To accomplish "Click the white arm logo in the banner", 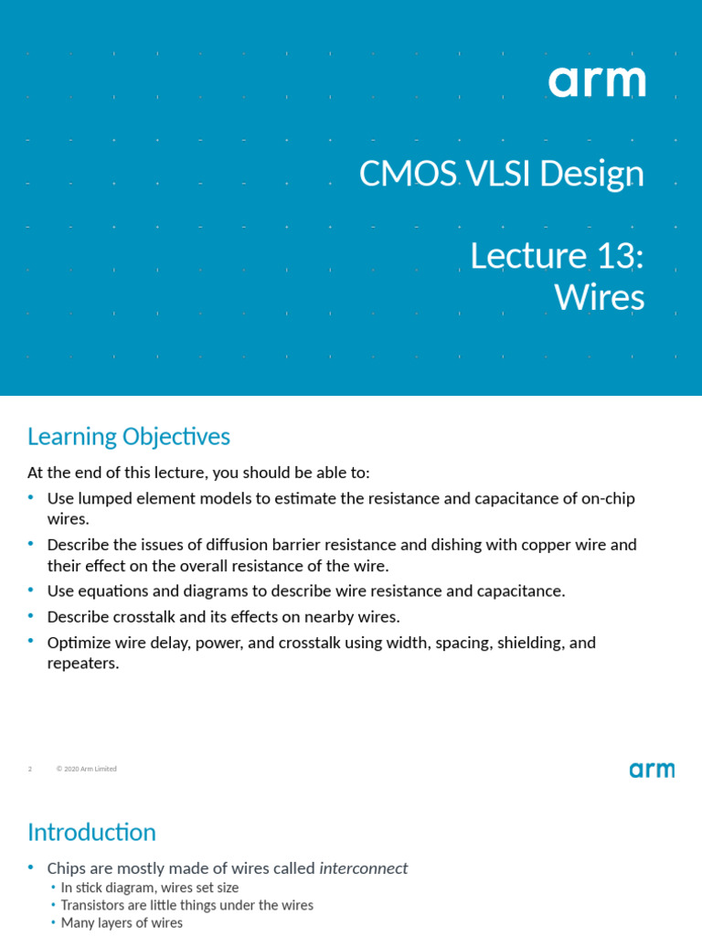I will click(597, 82).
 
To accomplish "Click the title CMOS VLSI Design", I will click(501, 174).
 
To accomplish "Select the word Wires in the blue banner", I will click(599, 298).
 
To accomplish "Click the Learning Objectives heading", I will click(129, 437).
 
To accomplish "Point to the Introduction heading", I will click(91, 833).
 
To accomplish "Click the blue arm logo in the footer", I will click(652, 770).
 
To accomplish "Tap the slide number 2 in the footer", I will click(30, 770).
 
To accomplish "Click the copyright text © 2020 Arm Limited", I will click(87, 770).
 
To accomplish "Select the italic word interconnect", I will click(363, 868).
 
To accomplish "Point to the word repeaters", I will click(83, 664).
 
